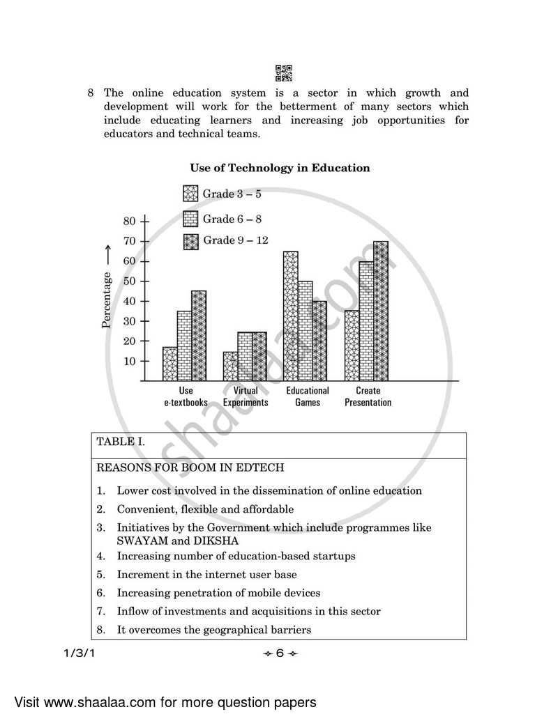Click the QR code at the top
pos(284,72)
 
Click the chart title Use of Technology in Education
pos(280,168)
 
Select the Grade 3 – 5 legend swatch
pos(190,194)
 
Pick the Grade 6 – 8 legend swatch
pos(190,219)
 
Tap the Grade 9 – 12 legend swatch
pos(190,241)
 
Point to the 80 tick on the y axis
pos(129,222)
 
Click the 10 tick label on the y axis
pos(129,361)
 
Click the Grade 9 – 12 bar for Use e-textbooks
pos(199,335)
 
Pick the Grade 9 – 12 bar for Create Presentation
pos(381,311)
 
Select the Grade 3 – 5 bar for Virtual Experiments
pos(230,366)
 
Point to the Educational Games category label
pos(308,396)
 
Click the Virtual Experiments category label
pos(246,396)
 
